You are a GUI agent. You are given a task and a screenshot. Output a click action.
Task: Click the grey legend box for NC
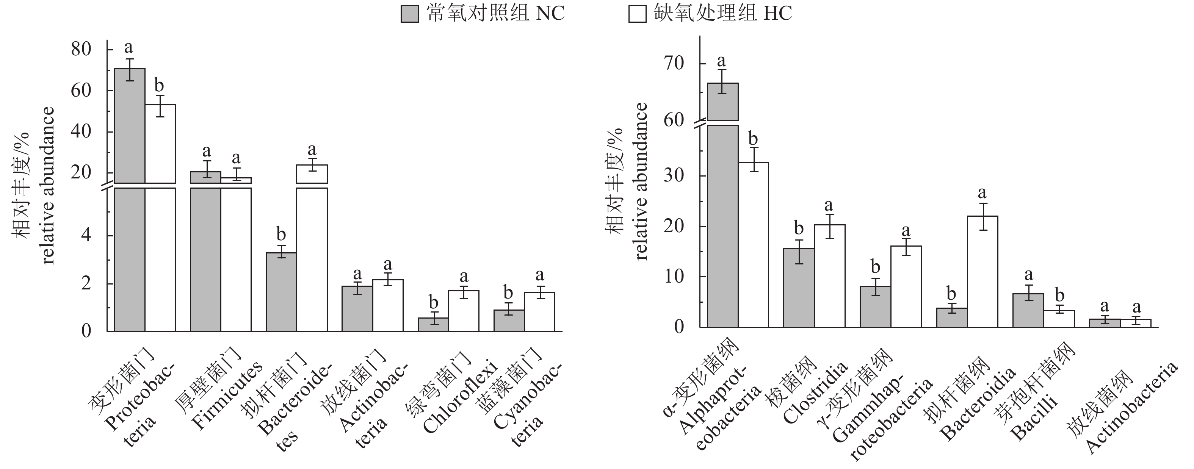tap(409, 14)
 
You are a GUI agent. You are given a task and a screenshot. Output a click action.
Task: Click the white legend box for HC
tap(637, 14)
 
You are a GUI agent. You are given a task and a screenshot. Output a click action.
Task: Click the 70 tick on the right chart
tap(674, 64)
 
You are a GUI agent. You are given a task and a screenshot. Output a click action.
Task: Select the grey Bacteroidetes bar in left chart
tap(281, 292)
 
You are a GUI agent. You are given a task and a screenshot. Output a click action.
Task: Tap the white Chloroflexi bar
tap(464, 311)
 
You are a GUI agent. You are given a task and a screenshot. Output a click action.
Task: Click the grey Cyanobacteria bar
tap(509, 321)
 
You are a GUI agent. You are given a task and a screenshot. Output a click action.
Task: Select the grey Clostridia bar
tap(799, 288)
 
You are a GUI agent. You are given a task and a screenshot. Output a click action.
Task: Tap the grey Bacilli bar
tap(1028, 311)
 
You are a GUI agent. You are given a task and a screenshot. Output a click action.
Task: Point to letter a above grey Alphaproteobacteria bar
tap(721, 61)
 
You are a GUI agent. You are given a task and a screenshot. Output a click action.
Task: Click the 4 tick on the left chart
tap(86, 235)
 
